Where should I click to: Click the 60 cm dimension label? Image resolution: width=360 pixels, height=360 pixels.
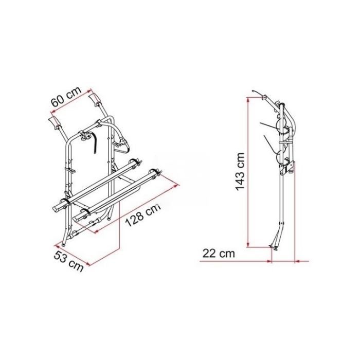tap(66, 97)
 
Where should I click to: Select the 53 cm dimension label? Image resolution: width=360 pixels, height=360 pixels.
tap(68, 261)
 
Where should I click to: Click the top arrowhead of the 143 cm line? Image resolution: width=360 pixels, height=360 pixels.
tap(248, 100)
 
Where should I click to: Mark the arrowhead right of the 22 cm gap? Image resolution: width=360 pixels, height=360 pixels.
tap(297, 261)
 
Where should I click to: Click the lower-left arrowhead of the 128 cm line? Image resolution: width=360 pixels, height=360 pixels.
tap(97, 230)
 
